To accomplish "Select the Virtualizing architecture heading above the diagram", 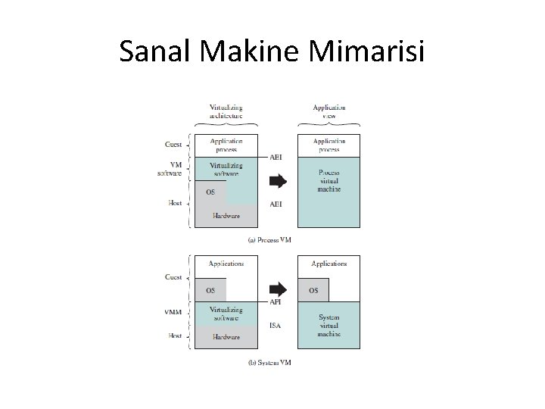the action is tap(226, 112).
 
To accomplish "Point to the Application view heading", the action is tap(329, 112).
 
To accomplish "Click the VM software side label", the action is tap(171, 169).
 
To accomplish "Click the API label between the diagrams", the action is tap(276, 301).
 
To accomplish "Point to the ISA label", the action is tap(276, 326).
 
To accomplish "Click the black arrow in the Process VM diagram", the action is tap(278, 181).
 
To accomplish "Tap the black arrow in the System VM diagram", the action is tap(278, 289).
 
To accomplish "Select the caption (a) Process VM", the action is tap(270, 239).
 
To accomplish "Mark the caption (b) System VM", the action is tap(269, 362).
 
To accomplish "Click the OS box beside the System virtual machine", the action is tap(313, 290).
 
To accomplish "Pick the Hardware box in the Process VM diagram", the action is tap(226, 216).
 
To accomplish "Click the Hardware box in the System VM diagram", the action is tap(226, 337).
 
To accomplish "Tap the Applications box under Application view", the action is tap(329, 264).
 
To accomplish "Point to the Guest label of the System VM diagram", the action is tap(173, 277).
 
